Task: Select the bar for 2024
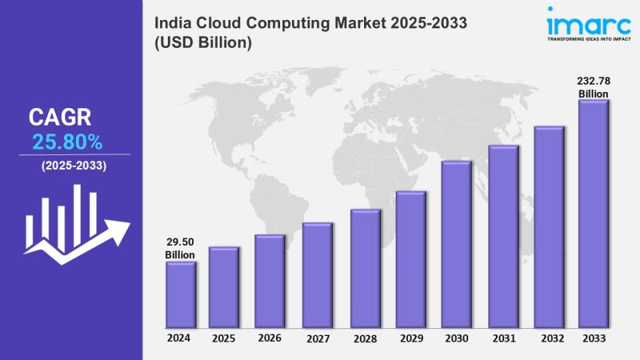click(x=180, y=295)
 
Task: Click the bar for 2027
click(x=317, y=275)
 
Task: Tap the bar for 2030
click(x=456, y=245)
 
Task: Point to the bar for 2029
click(x=410, y=260)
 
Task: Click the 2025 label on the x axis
click(x=224, y=338)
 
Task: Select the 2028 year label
click(x=364, y=338)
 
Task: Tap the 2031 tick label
click(x=503, y=338)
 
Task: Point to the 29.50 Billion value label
click(x=180, y=248)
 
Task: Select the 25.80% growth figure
click(x=67, y=142)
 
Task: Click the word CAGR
click(x=60, y=118)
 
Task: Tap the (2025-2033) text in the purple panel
click(x=73, y=166)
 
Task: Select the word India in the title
click(x=173, y=24)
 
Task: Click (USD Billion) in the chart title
click(x=203, y=43)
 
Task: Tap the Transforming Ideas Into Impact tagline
click(x=589, y=38)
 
